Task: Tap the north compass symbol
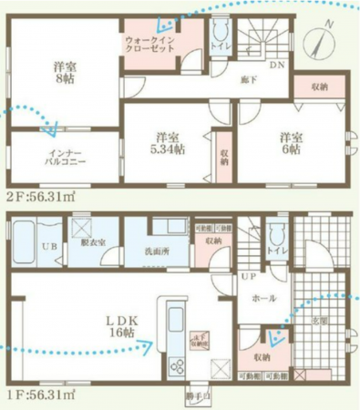(x=319, y=40)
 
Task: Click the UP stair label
(x=246, y=276)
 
